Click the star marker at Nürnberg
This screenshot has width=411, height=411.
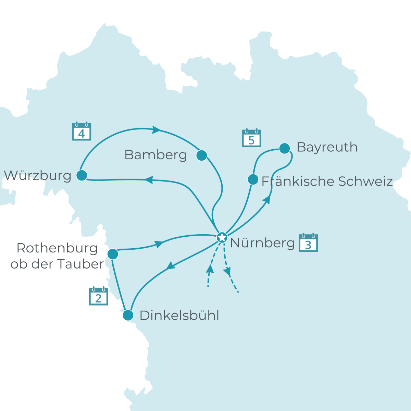pyautogui.click(x=222, y=237)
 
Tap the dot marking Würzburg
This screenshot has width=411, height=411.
pyautogui.click(x=82, y=175)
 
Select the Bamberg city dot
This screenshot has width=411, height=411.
pyautogui.click(x=202, y=155)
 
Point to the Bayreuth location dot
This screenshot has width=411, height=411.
pyautogui.click(x=285, y=148)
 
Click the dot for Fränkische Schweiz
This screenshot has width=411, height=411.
pyautogui.click(x=253, y=179)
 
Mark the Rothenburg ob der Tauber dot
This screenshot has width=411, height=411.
pyautogui.click(x=113, y=254)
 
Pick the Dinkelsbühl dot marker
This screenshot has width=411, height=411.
pyautogui.click(x=128, y=315)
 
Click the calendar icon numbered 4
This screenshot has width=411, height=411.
pyautogui.click(x=82, y=132)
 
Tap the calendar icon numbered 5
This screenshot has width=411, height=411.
pyautogui.click(x=251, y=138)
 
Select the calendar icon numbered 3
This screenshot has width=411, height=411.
pyautogui.click(x=308, y=243)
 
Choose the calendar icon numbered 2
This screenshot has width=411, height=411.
pyautogui.click(x=99, y=297)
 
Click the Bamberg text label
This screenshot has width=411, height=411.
pyautogui.click(x=156, y=155)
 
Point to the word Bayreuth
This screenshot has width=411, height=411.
pyautogui.click(x=327, y=147)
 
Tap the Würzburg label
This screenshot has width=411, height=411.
pyautogui.click(x=38, y=175)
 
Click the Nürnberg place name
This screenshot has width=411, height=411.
pyautogui.click(x=262, y=243)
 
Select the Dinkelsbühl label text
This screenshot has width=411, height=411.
pyautogui.click(x=179, y=315)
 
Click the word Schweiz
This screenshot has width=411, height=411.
pyautogui.click(x=365, y=181)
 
